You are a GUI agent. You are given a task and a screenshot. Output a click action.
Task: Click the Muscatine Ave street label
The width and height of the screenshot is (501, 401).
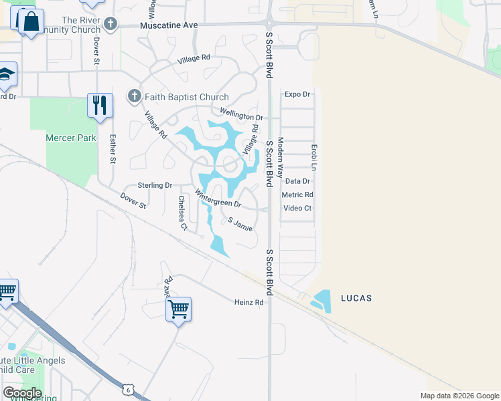169,25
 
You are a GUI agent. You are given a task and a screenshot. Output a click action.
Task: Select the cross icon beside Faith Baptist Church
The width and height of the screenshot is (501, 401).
134,96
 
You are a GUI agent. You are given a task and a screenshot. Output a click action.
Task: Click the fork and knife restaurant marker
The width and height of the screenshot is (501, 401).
100,106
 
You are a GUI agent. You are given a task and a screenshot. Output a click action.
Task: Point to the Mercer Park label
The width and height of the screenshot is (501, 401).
71,138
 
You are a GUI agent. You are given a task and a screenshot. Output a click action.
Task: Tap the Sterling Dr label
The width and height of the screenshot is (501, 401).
155,185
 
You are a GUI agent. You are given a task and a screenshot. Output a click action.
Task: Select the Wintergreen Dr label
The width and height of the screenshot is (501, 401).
218,199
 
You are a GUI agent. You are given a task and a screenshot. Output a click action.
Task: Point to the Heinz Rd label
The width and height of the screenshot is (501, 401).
250,302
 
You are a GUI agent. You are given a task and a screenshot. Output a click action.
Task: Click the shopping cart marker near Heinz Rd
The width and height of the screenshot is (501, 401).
179,309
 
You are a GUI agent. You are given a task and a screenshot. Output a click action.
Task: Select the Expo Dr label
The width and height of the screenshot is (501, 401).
297,94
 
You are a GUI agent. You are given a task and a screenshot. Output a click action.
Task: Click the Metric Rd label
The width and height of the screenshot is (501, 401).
298,194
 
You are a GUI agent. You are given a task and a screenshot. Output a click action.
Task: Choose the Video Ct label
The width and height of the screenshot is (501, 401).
297,208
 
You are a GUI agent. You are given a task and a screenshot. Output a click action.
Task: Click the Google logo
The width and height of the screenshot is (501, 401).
22,392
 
